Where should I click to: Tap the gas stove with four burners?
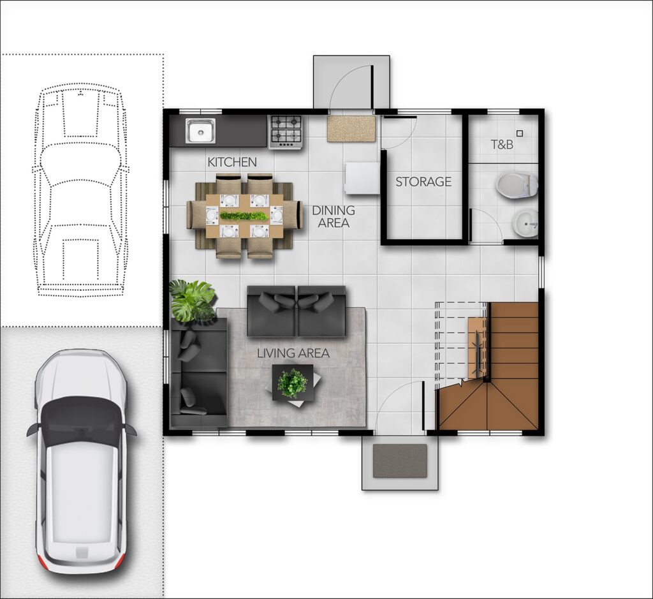point(286,131)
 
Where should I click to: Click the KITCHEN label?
point(232,161)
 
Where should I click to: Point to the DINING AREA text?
point(334,217)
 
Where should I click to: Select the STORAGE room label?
point(423,182)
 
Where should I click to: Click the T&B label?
point(502,145)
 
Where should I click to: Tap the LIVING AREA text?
point(293,353)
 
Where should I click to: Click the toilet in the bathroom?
point(517,184)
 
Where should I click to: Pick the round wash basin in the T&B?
point(525,223)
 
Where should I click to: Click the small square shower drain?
point(519,133)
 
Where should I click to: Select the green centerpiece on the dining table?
point(244,216)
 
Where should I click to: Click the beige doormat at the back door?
point(351,129)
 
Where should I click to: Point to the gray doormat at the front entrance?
point(400,461)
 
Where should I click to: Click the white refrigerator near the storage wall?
point(362,178)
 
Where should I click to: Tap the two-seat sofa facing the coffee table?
point(297,311)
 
